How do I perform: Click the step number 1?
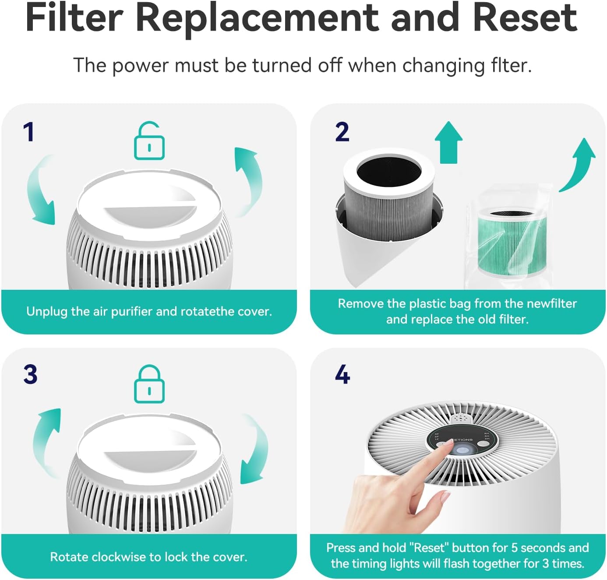coord(29,132)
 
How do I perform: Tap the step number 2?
coord(342,132)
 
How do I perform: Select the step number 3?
coord(30,375)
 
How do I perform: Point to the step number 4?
coord(342,375)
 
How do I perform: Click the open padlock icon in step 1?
coord(149,141)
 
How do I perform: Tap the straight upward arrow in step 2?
coord(448,142)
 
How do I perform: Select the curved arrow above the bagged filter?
coord(579,164)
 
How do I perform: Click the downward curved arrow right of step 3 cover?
coord(254,451)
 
